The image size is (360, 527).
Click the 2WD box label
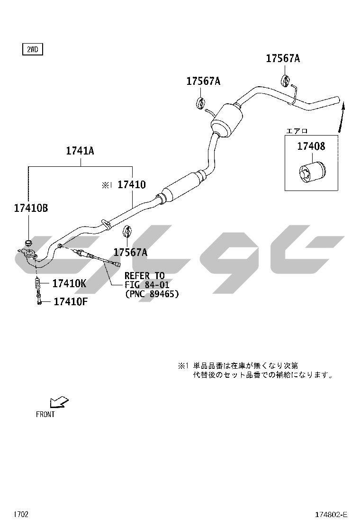(x=33, y=50)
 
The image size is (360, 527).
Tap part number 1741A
(x=80, y=151)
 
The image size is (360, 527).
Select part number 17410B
(x=31, y=208)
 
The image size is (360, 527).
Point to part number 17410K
(x=69, y=284)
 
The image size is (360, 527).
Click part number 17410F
(x=71, y=301)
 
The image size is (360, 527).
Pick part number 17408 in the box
(x=311, y=146)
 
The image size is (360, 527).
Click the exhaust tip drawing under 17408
(x=312, y=173)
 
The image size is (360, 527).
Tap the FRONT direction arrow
(x=59, y=402)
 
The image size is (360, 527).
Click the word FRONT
(x=45, y=414)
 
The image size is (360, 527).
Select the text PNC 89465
(x=152, y=294)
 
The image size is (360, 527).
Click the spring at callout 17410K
(x=37, y=285)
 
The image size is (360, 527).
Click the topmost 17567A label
(x=283, y=58)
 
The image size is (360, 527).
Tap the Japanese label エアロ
(x=297, y=131)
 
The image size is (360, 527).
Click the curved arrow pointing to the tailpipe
(x=341, y=118)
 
